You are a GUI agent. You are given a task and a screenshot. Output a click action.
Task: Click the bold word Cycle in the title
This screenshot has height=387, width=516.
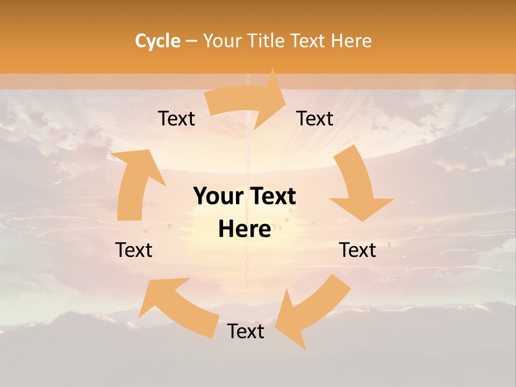click(x=157, y=41)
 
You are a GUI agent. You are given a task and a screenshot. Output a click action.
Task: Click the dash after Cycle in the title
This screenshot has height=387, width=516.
click(x=191, y=41)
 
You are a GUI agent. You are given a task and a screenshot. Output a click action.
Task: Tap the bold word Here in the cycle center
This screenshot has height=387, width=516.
click(x=245, y=230)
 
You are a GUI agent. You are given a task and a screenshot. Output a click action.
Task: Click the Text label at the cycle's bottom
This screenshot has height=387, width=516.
click(x=246, y=331)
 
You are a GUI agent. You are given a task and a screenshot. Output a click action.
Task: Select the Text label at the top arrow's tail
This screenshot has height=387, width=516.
click(x=176, y=119)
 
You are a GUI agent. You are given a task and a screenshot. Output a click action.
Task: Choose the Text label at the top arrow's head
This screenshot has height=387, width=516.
click(x=315, y=119)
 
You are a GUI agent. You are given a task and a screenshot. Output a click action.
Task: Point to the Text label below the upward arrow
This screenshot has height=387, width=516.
click(x=134, y=250)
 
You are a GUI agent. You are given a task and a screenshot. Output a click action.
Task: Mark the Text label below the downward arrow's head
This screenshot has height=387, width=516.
click(x=357, y=250)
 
